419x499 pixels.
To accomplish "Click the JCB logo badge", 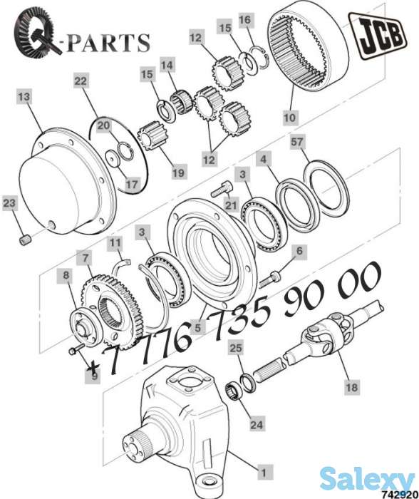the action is point(378,36).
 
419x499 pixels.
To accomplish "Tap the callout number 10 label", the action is point(290,118).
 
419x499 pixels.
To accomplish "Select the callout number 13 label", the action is point(24,96).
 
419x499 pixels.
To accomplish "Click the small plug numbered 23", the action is point(24,240).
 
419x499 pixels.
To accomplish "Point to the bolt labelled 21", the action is point(222,188).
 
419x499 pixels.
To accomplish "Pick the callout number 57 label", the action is point(297,142).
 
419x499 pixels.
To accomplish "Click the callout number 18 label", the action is point(352,387).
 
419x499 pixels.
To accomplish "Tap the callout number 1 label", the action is point(263,472).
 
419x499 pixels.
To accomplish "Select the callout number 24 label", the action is point(257,425).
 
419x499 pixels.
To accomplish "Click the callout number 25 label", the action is point(236,348).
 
